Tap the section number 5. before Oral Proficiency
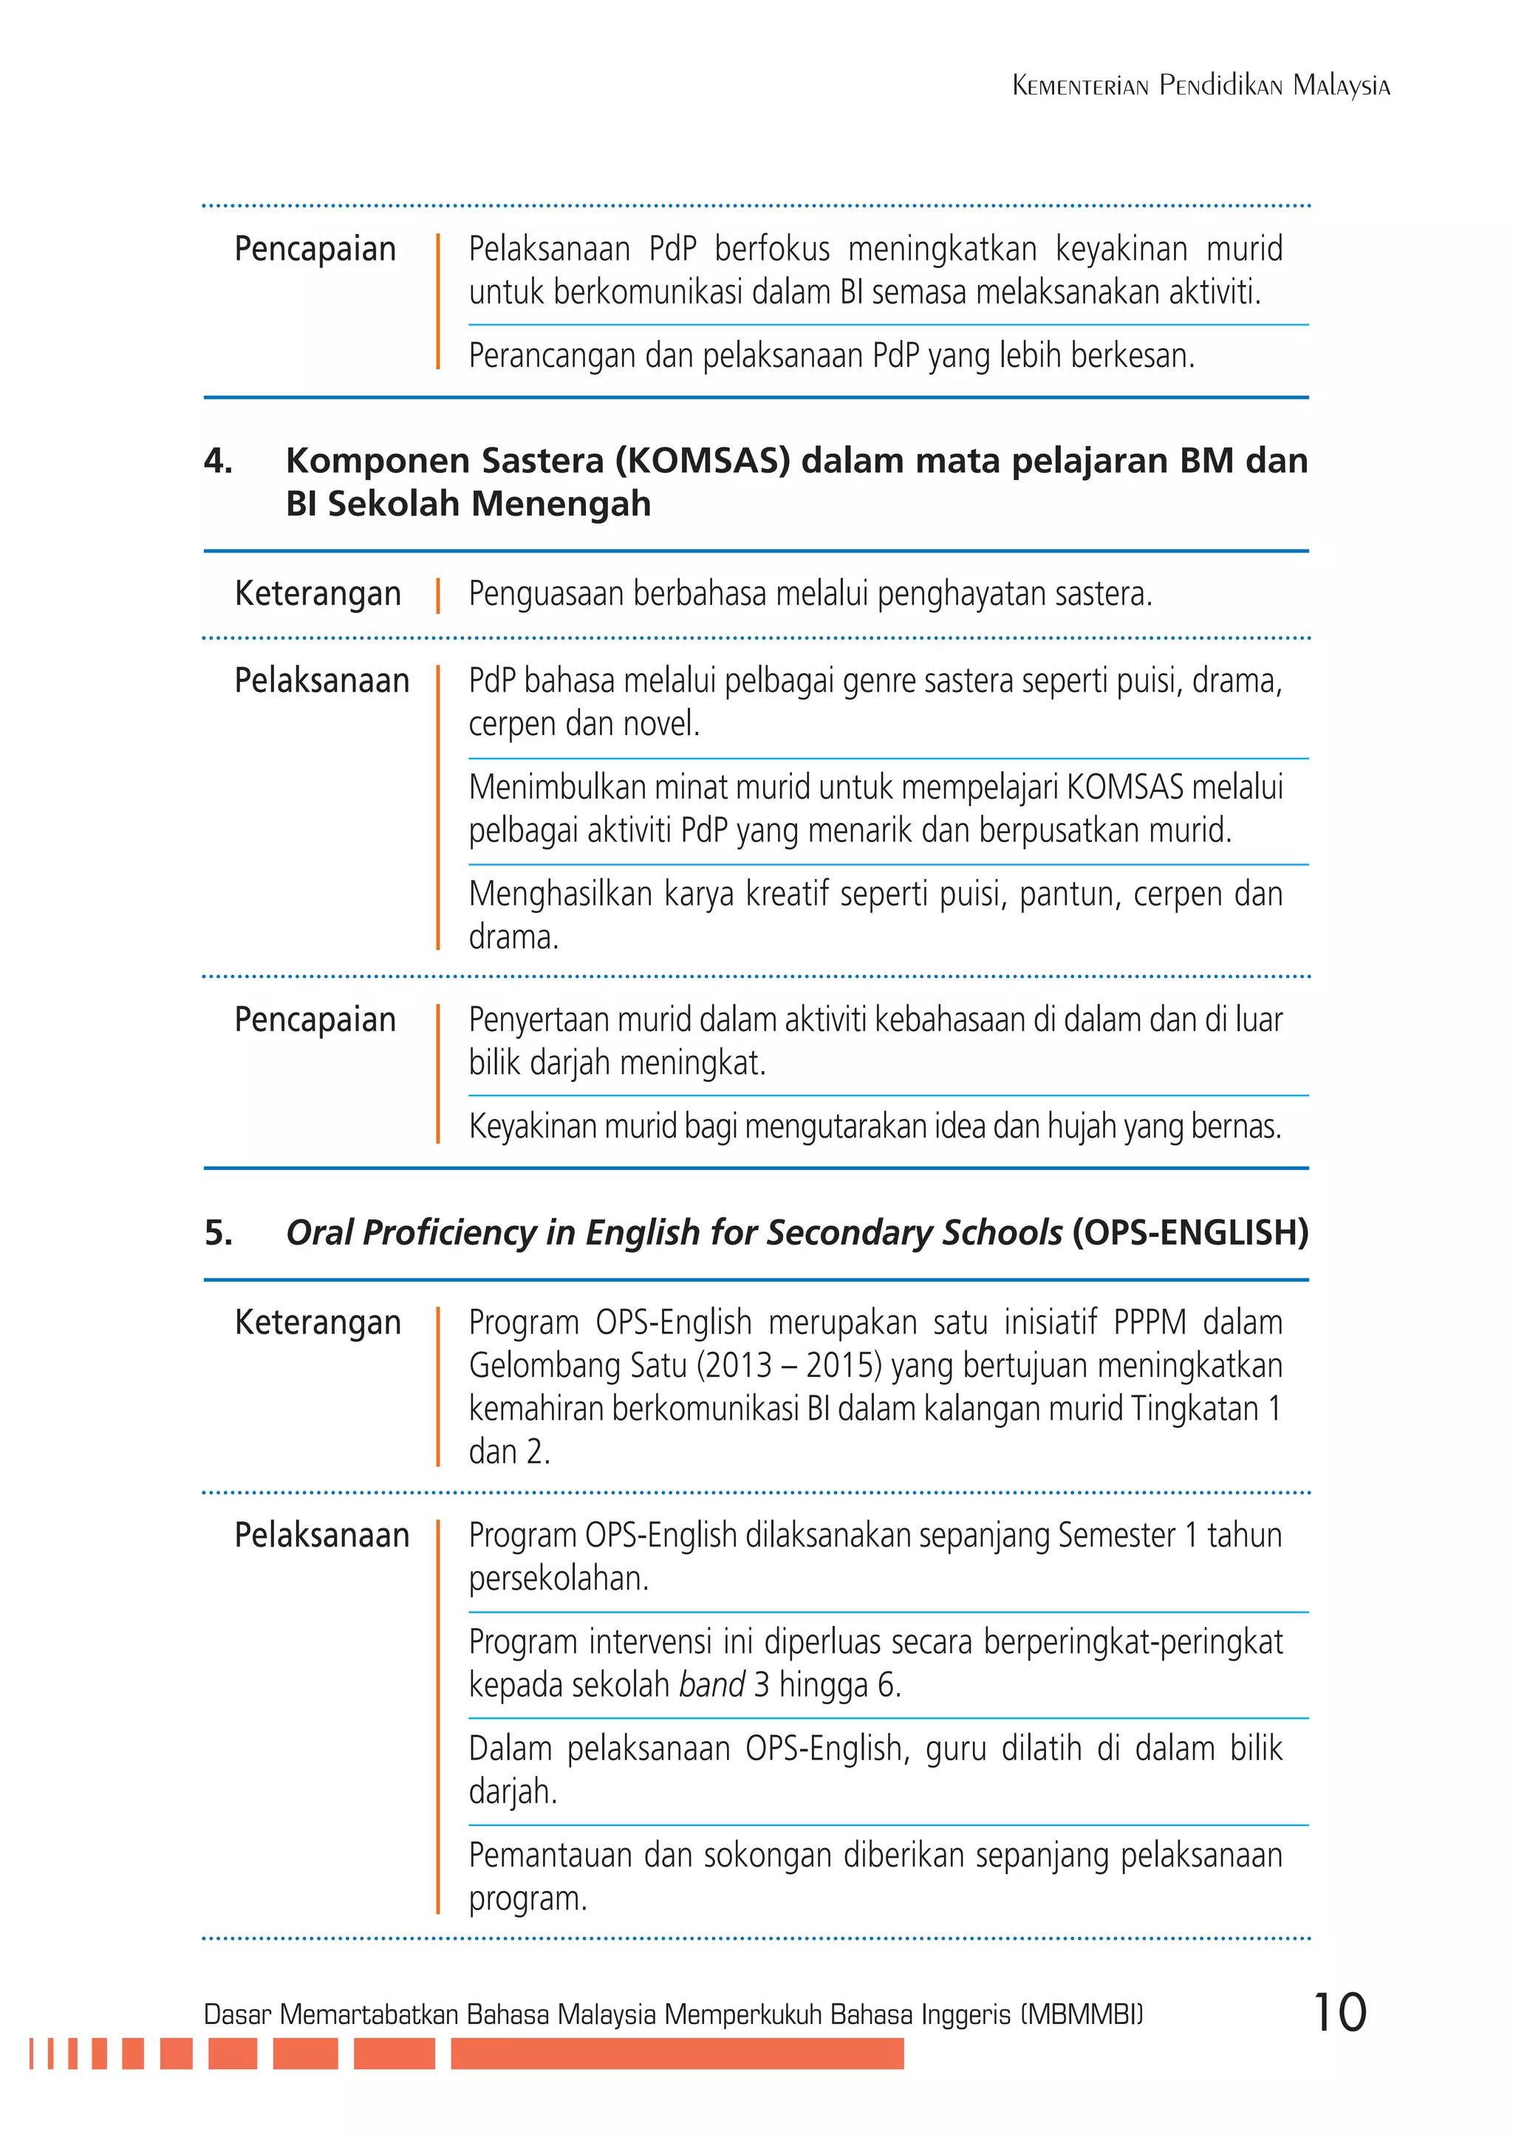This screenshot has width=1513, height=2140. (x=218, y=1232)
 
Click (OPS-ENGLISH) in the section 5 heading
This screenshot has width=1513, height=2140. (x=1189, y=1232)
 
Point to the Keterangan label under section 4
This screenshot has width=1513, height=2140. (x=318, y=594)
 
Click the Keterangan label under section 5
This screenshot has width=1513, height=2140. (x=318, y=1322)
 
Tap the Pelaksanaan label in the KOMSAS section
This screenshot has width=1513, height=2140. (x=321, y=680)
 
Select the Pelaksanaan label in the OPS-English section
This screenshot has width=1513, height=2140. (x=321, y=1534)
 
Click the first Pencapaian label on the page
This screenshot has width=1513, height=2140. (x=315, y=249)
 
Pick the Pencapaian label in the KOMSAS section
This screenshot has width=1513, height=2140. (x=315, y=1019)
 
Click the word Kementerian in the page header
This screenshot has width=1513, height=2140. (x=1079, y=86)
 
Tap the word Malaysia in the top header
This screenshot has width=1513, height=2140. (x=1342, y=86)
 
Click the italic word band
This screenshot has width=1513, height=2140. (x=711, y=1685)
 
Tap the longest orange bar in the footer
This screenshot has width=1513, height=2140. (x=677, y=2054)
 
